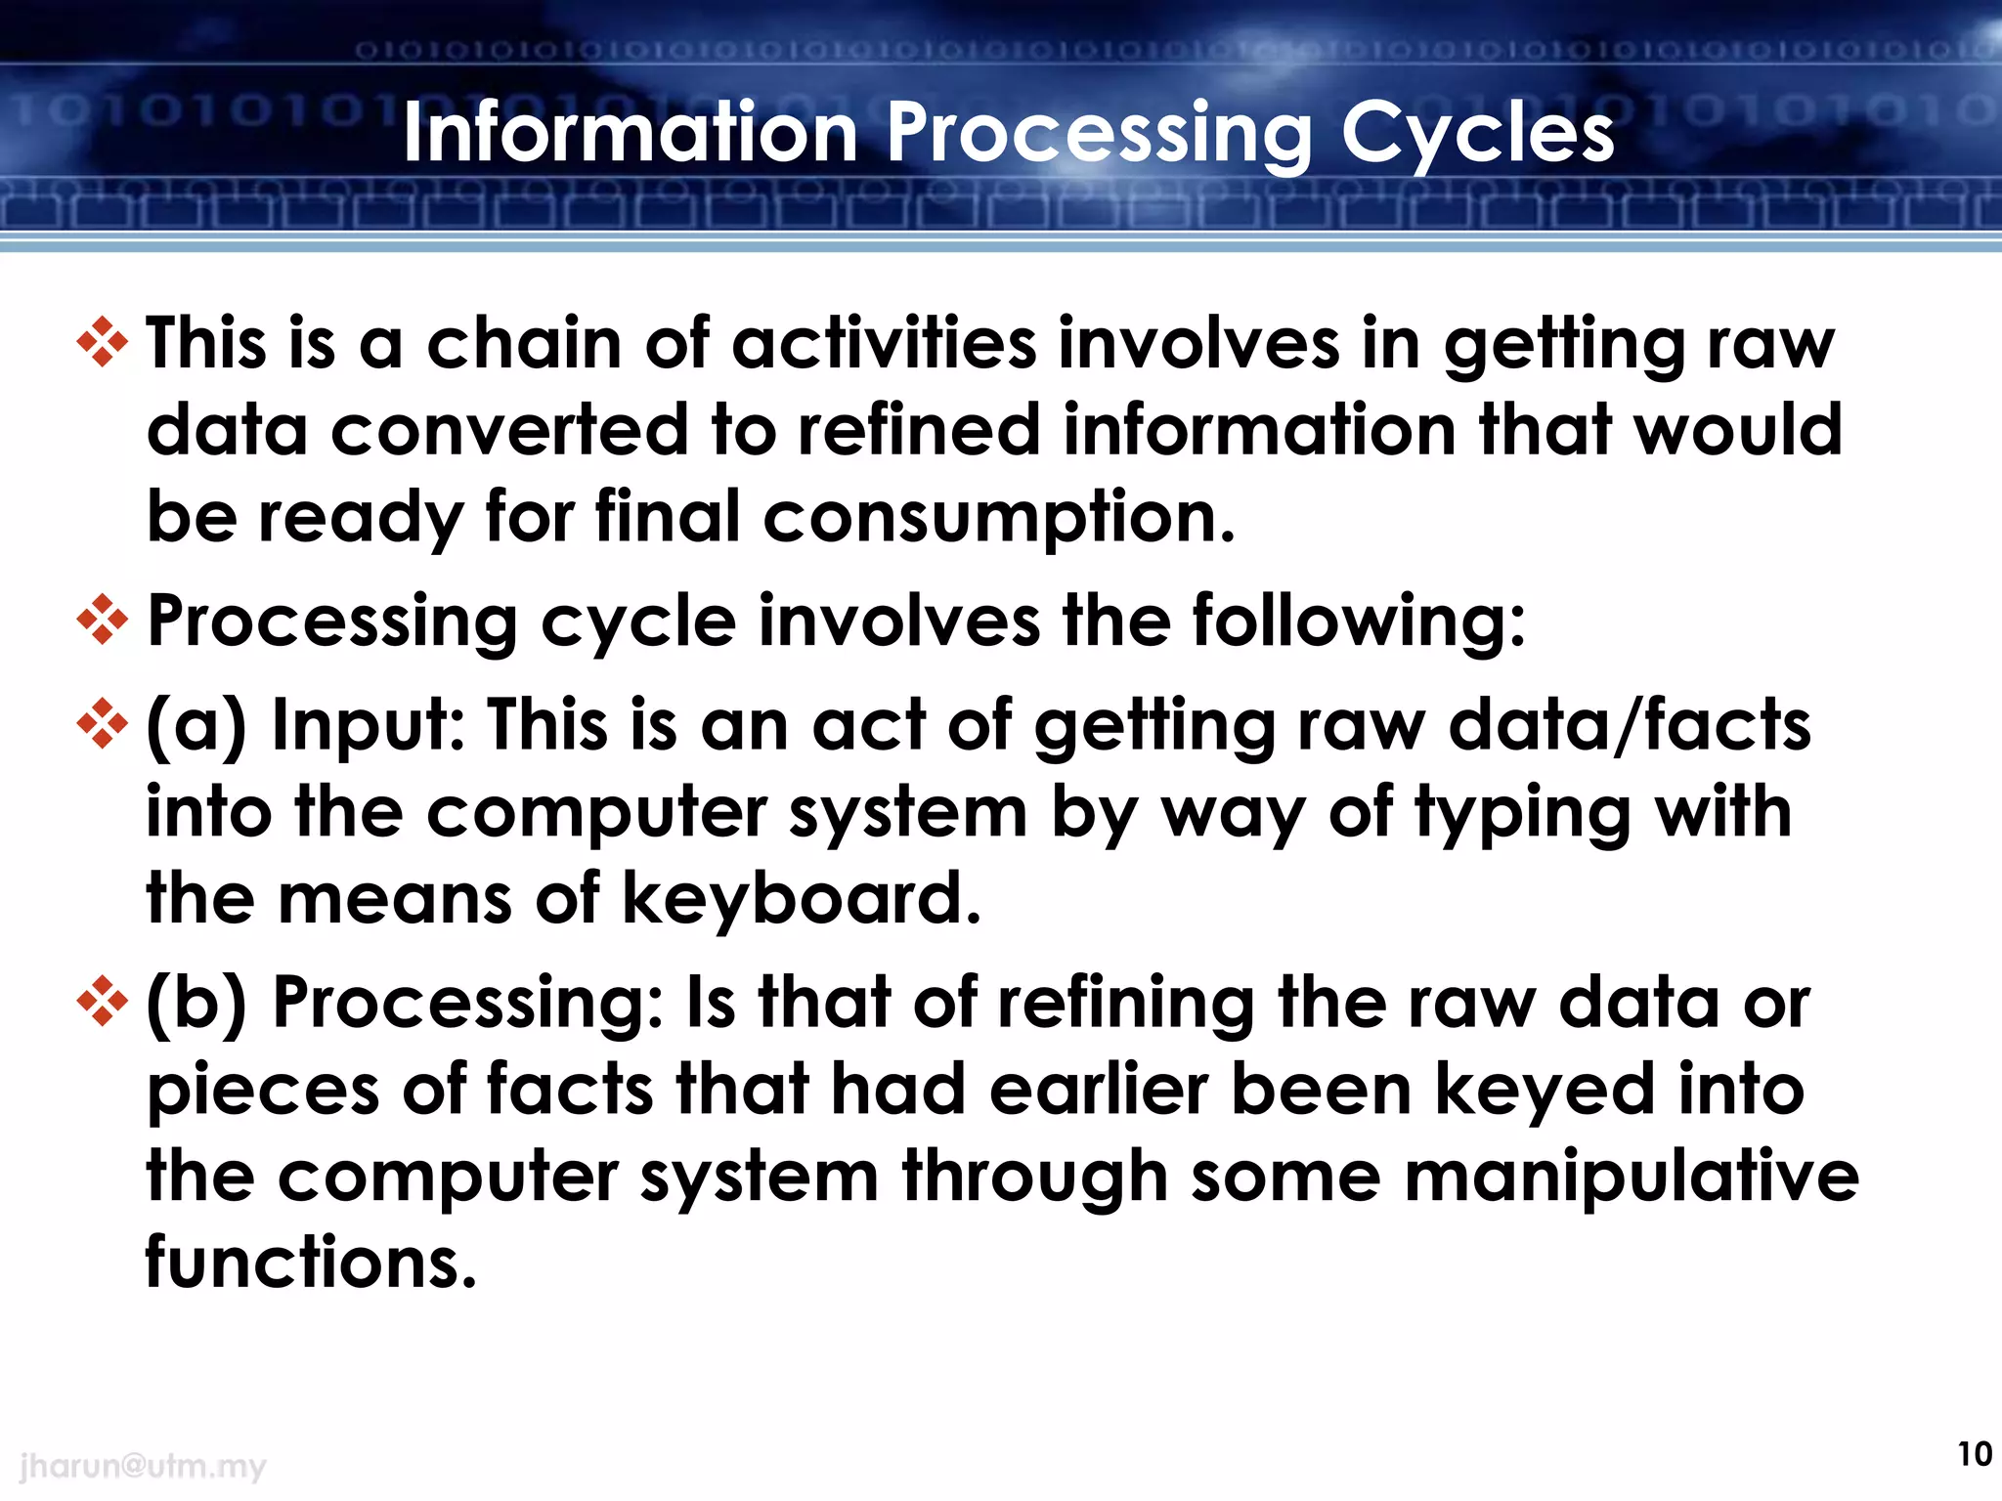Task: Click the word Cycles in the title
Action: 1476,134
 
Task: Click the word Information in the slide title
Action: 631,134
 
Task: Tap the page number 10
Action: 1974,1454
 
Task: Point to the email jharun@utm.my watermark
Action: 143,1466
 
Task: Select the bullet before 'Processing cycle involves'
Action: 102,620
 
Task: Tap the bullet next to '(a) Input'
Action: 102,724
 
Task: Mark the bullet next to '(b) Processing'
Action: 102,1002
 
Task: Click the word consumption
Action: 998,518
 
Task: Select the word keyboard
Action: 801,899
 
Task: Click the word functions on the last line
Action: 310,1262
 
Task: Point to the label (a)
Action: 196,726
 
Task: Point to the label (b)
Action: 196,1004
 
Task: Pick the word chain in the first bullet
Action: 524,344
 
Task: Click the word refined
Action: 919,430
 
